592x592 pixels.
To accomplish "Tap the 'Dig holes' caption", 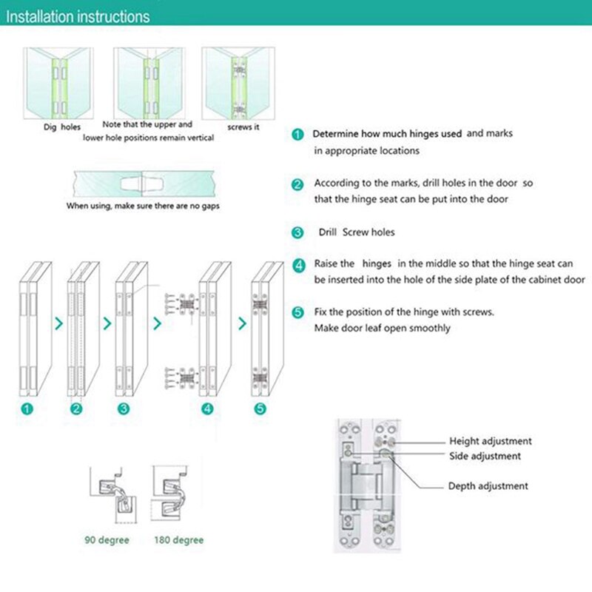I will (x=61, y=127).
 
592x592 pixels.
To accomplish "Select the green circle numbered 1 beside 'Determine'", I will (x=297, y=135).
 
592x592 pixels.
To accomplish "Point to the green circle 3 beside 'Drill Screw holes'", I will (x=297, y=232).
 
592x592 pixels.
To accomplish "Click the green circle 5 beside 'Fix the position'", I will (x=297, y=312).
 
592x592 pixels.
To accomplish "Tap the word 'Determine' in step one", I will (x=338, y=134).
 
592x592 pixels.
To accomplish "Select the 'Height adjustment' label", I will (x=491, y=441).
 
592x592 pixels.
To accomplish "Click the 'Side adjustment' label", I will (x=485, y=457).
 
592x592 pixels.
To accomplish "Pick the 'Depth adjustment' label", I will (x=488, y=486).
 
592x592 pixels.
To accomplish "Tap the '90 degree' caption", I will (x=106, y=540).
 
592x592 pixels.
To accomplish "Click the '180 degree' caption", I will (x=178, y=540).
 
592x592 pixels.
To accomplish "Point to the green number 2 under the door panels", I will (x=75, y=408).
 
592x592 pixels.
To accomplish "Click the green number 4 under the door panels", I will (x=207, y=408).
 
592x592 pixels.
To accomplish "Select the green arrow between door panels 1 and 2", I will (x=59, y=323).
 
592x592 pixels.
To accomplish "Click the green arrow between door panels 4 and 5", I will (x=242, y=323).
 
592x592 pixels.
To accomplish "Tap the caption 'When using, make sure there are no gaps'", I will (x=144, y=206).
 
